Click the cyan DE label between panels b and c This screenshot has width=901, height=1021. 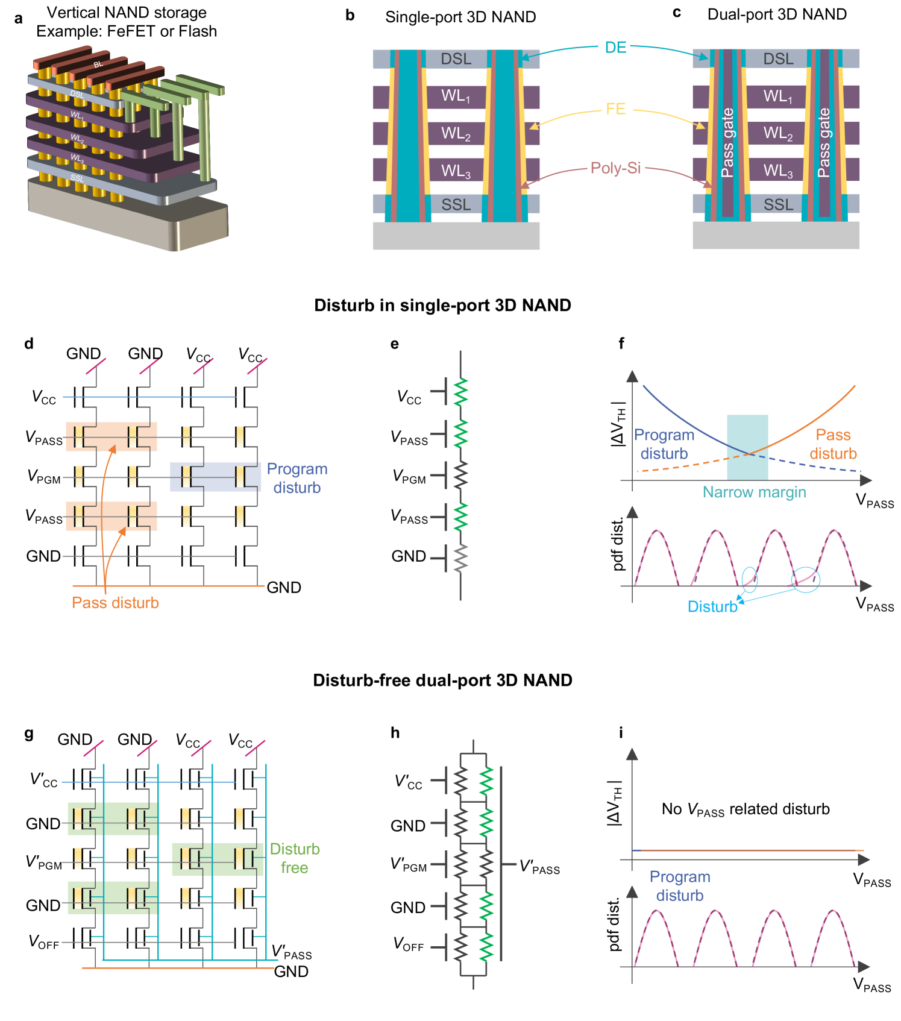615,48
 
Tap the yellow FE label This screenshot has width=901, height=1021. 615,109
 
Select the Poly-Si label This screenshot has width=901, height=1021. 615,168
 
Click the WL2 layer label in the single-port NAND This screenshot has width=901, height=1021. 456,134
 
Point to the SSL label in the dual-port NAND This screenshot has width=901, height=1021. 778,205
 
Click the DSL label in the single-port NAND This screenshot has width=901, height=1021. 456,59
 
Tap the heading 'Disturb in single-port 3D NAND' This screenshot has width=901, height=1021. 442,305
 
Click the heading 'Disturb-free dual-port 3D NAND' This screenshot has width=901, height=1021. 442,680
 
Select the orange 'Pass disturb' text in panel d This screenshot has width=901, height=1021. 115,603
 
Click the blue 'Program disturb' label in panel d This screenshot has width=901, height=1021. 297,478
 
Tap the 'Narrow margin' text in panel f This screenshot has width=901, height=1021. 754,492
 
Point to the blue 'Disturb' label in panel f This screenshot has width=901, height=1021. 712,607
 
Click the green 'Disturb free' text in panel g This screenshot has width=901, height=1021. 295,858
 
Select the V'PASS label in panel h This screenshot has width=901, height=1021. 539,868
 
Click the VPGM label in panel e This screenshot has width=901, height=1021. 409,477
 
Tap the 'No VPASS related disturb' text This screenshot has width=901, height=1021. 746,809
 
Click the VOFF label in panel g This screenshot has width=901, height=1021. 44,942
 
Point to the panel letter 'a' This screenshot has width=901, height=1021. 19,19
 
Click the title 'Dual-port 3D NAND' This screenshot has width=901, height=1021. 777,14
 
